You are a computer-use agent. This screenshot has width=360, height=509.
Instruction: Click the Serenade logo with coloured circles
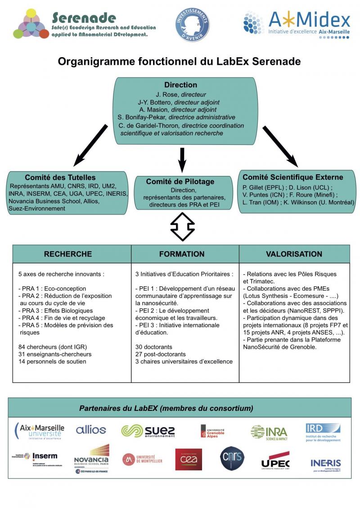tap(31, 23)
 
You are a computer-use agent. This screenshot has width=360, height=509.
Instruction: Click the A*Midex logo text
tap(310, 20)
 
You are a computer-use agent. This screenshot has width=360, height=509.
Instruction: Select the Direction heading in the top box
tap(180, 85)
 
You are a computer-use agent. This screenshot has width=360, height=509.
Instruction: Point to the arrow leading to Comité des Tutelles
tap(90, 145)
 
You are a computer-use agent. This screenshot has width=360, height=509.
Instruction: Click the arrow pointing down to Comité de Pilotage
tap(182, 159)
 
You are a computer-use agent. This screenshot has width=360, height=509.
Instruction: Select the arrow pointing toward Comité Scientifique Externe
tap(280, 147)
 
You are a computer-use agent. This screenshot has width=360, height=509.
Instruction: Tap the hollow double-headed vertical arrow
tap(182, 226)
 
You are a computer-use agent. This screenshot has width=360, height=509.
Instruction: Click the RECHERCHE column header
tap(67, 254)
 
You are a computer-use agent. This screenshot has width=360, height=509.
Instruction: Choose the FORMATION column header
tap(182, 254)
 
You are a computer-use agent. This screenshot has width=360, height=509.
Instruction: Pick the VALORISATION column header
tap(294, 254)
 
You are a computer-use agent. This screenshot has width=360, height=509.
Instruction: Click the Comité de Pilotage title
tap(180, 182)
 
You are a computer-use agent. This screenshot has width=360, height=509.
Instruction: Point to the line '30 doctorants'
tap(154, 347)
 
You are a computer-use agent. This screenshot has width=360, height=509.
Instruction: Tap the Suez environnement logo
tap(148, 431)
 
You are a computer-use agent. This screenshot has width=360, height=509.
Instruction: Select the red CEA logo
tap(189, 459)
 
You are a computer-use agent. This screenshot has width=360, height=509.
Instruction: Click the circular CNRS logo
tap(232, 459)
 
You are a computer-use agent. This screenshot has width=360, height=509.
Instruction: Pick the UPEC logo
tap(275, 461)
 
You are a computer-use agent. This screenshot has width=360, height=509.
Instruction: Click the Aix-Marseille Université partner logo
tap(39, 431)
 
